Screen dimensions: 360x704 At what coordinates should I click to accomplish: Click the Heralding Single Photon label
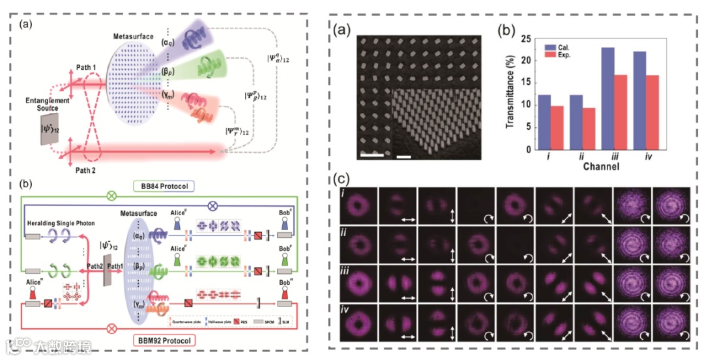56,224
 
